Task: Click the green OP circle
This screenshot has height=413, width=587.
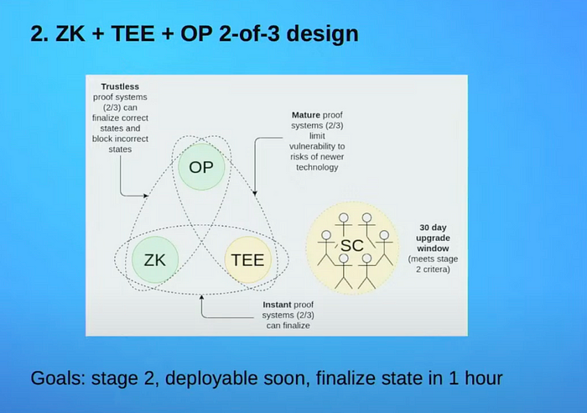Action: (201, 167)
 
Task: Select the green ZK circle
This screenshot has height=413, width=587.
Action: (155, 259)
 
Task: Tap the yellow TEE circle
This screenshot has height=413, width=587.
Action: (248, 259)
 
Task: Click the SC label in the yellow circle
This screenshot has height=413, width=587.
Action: (352, 246)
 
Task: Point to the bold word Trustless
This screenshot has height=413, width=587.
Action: (120, 86)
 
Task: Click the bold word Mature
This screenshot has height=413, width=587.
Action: (306, 115)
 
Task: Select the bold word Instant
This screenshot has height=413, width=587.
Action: (278, 305)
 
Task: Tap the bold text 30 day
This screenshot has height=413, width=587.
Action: (434, 227)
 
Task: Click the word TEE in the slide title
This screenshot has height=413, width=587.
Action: (132, 34)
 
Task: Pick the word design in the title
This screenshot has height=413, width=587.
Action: (322, 34)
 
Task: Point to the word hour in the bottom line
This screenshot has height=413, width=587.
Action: (483, 378)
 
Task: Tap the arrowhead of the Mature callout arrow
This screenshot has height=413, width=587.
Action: (255, 193)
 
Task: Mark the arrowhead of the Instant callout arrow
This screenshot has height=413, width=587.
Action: (201, 297)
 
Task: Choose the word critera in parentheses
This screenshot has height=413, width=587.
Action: (437, 269)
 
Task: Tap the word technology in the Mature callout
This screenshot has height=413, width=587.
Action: (317, 168)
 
